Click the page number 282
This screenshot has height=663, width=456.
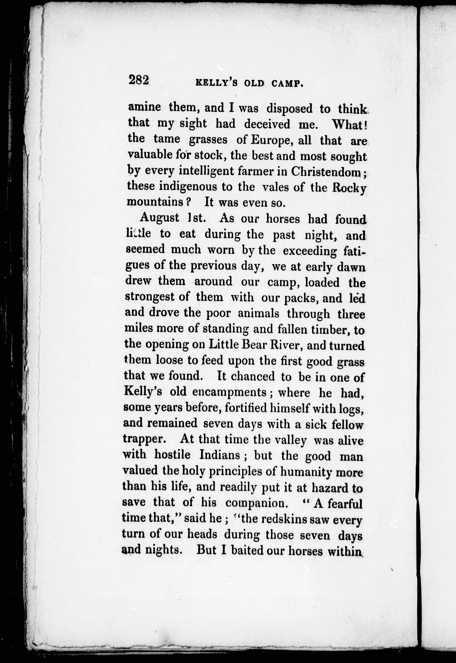click(x=139, y=80)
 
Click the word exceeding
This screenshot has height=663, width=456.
click(x=310, y=251)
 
